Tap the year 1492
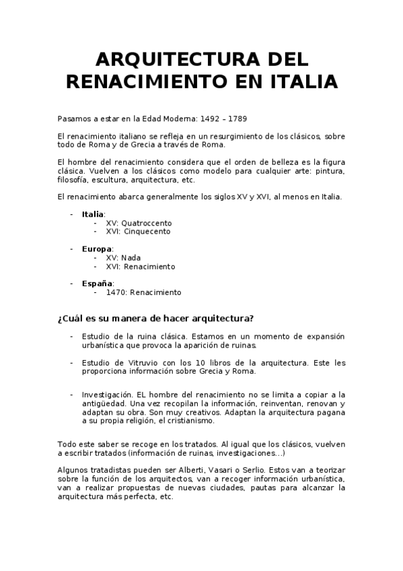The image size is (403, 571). pos(203,119)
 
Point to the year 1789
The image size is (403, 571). pos(237,119)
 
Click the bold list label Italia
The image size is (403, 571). pos(93,214)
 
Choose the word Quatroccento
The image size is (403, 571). pos(148,223)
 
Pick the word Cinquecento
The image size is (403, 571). pos(147,232)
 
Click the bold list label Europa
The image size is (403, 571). pos(96,249)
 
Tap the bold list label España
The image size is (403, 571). pos(97,284)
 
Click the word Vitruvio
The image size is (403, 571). pos(138,363)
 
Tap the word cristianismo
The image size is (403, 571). pos(191,421)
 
